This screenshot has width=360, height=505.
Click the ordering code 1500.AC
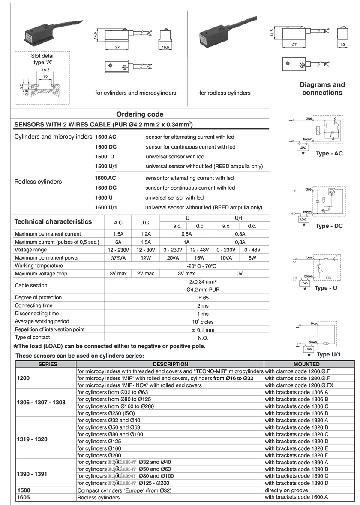point(105,137)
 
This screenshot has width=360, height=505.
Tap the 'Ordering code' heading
point(140,114)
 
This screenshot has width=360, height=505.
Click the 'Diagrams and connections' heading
point(322,89)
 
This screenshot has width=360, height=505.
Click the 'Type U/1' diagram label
point(328,355)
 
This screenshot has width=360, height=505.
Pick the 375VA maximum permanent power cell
point(118,258)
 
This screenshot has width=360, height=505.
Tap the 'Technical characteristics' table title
point(53,222)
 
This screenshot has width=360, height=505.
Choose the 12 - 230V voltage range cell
point(118,250)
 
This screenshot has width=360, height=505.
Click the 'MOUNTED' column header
point(310,364)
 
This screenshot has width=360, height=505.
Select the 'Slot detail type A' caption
point(43,59)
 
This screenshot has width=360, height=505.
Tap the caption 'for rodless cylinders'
point(225,93)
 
